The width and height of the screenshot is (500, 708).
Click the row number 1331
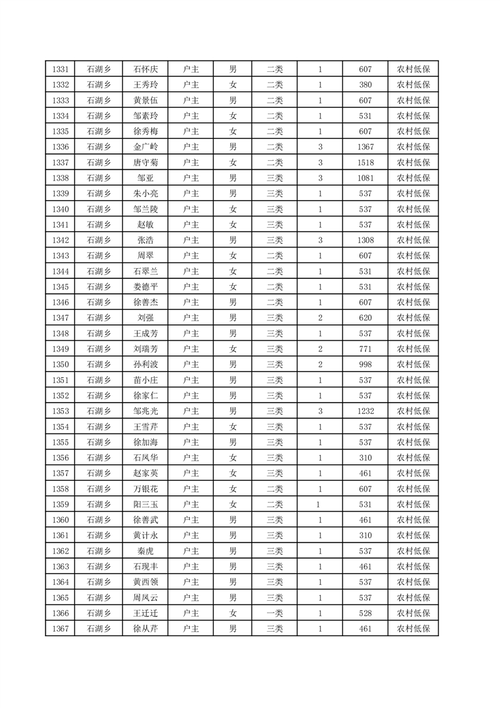[61, 69]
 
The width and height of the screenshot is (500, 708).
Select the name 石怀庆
[146, 69]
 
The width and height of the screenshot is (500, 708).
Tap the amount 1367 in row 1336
[365, 147]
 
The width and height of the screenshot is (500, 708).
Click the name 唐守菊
[146, 163]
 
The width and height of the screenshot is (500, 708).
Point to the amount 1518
[365, 163]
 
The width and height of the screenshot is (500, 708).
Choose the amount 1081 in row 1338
[365, 178]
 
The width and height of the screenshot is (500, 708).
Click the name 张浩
[146, 240]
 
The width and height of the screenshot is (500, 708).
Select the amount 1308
[365, 240]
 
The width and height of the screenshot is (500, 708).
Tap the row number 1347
[61, 318]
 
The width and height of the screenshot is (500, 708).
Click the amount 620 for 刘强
[365, 318]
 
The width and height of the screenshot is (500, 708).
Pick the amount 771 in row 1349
[365, 349]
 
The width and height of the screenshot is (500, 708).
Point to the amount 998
[365, 365]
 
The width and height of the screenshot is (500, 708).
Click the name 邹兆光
[146, 411]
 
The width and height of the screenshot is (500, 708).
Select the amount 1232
[365, 411]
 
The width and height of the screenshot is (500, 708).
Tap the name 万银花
[146, 489]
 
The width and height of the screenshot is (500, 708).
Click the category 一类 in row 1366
[274, 613]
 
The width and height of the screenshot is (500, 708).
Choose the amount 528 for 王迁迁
[365, 613]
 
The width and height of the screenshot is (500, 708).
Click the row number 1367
[61, 628]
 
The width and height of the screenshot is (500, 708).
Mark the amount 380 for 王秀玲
[365, 85]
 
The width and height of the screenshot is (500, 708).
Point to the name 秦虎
[146, 551]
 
